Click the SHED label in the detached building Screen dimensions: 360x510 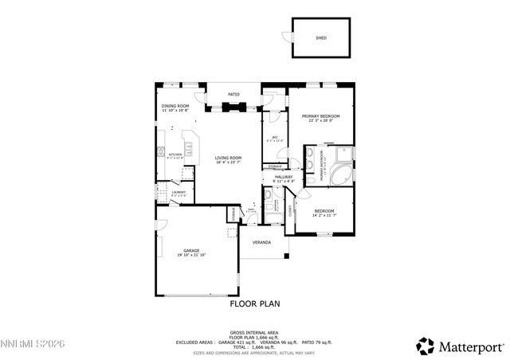pyautogui.click(x=321, y=37)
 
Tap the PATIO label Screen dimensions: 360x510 pyautogui.click(x=234, y=95)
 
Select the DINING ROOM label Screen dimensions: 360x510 pyautogui.click(x=175, y=106)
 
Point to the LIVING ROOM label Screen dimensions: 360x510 pyautogui.click(x=229, y=158)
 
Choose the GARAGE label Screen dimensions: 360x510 pyautogui.click(x=191, y=250)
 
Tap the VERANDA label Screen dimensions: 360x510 pyautogui.click(x=261, y=242)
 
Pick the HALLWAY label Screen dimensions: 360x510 pyautogui.click(x=284, y=177)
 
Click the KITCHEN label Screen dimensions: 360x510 pyautogui.click(x=175, y=155)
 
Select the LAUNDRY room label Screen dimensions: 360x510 pyautogui.click(x=178, y=192)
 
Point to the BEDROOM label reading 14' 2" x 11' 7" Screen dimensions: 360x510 pyautogui.click(x=324, y=210)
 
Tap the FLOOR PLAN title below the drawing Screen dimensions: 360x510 pyautogui.click(x=255, y=303)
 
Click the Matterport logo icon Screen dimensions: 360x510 pyautogui.click(x=426, y=345)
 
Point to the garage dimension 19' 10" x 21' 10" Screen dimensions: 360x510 pyautogui.click(x=191, y=255)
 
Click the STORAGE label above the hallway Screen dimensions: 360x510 pyautogui.click(x=274, y=166)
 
